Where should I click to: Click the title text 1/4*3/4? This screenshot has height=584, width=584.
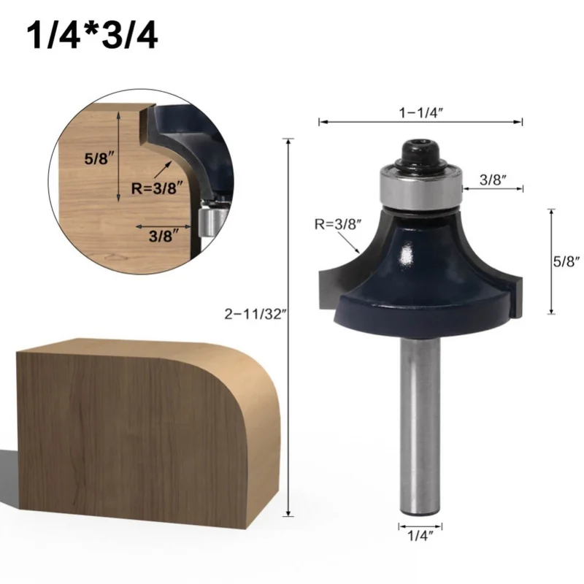(92, 36)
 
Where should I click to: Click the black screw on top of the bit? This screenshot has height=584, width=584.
(419, 153)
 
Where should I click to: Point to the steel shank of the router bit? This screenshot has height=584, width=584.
(420, 423)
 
